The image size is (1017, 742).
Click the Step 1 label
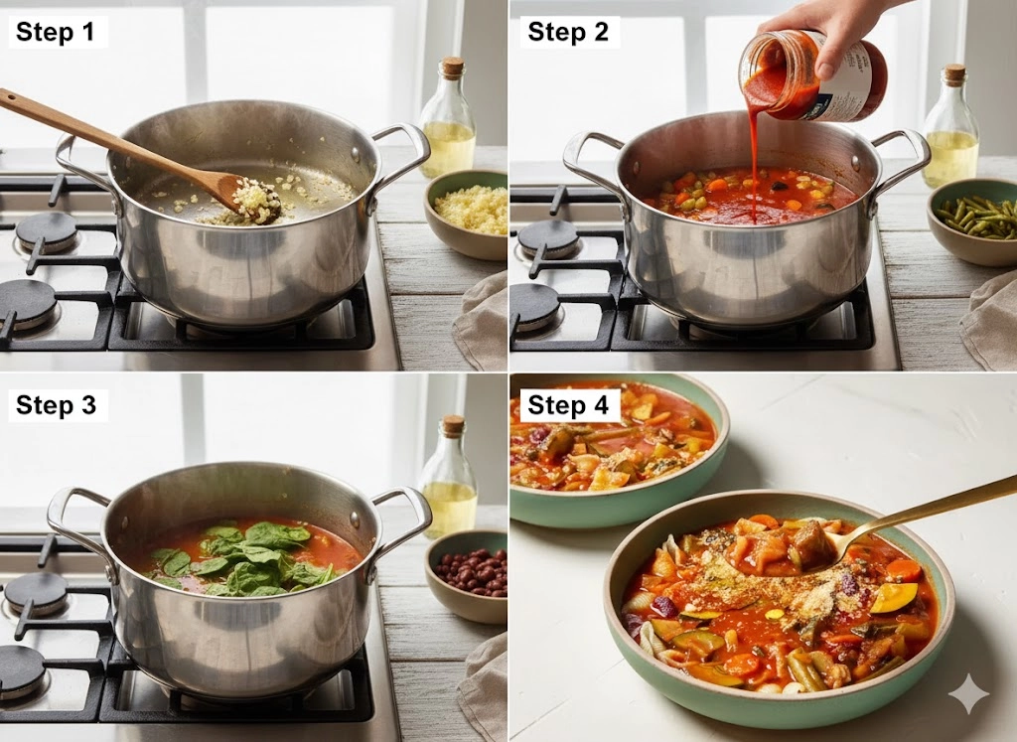(x=56, y=32)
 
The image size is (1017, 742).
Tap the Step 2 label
(x=569, y=32)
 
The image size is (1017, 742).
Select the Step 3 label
(x=57, y=405)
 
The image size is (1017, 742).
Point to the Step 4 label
(x=569, y=405)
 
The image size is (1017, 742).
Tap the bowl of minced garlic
(x=466, y=213)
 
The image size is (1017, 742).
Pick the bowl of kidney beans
(x=466, y=575)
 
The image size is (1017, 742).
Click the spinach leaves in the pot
(x=249, y=559)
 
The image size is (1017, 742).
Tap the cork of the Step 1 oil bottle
(x=453, y=67)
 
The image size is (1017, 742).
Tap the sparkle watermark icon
(x=969, y=694)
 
